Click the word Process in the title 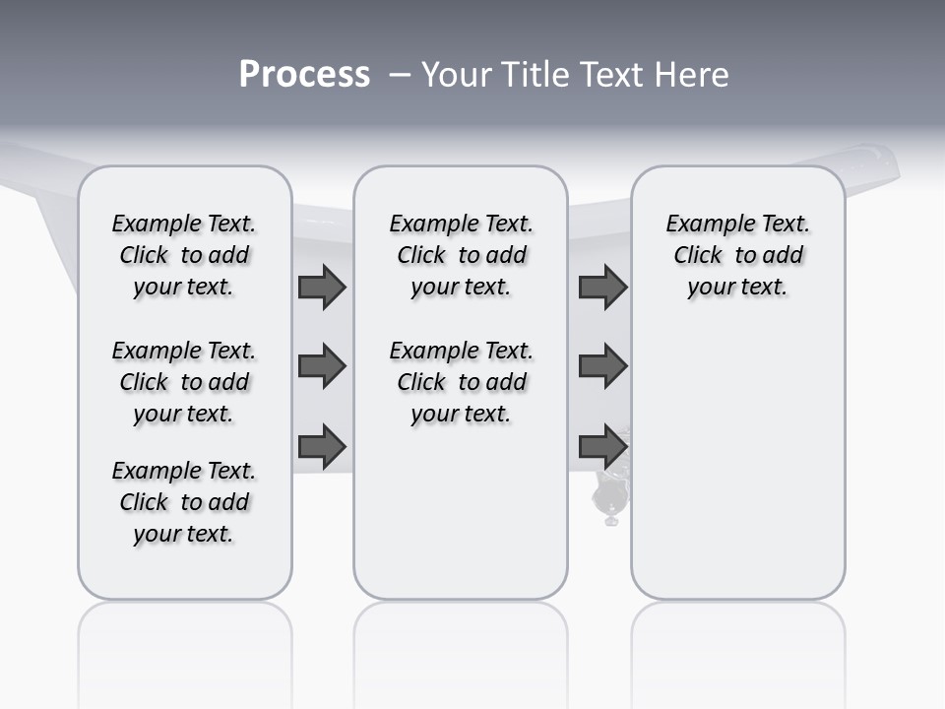[304, 74]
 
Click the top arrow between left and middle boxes [322, 288]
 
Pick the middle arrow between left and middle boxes [322, 366]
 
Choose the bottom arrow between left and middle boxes [322, 446]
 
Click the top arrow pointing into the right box [602, 288]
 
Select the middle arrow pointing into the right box [602, 366]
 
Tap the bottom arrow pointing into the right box [602, 446]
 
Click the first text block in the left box [184, 255]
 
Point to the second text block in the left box [184, 382]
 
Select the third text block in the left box [184, 502]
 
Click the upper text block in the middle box [461, 255]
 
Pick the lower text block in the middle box [461, 382]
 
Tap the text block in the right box [737, 255]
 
